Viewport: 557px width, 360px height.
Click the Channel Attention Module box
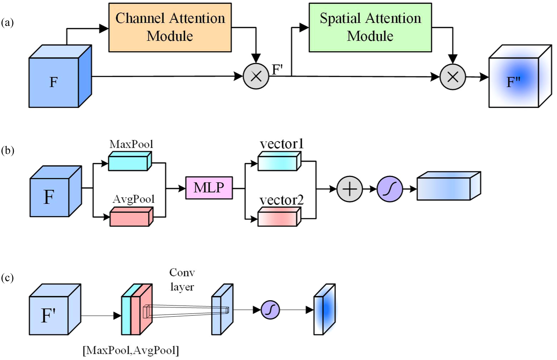[x=170, y=28]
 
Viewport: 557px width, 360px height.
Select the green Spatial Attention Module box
[x=370, y=28]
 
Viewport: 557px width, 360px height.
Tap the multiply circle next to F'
[x=256, y=76]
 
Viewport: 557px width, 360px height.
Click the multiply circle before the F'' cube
[x=453, y=77]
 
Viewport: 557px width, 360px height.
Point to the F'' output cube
[x=515, y=81]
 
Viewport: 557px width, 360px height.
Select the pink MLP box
[x=209, y=188]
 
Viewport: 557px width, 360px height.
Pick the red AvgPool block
[x=131, y=218]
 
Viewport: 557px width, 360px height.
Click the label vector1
[x=282, y=144]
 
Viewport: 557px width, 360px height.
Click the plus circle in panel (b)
[x=350, y=189]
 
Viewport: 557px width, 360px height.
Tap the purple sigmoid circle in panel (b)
[x=390, y=189]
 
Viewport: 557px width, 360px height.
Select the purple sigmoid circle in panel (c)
[x=270, y=310]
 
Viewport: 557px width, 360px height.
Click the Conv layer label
[x=182, y=279]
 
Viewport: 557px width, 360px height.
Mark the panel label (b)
[x=8, y=150]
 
